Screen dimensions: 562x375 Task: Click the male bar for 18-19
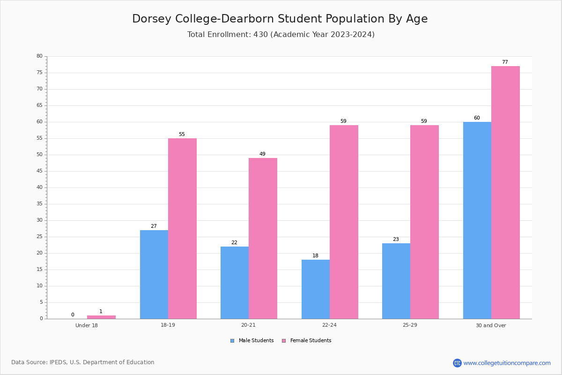(154, 275)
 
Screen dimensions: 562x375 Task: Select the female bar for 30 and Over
(505, 192)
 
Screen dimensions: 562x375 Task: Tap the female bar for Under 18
(101, 317)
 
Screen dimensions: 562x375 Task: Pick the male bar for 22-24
(316, 289)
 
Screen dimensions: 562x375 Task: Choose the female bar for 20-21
(263, 239)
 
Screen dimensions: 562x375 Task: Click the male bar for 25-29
(396, 281)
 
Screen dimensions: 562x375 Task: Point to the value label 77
(505, 62)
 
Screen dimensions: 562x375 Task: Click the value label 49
(262, 154)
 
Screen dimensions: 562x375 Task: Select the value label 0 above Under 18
(73, 315)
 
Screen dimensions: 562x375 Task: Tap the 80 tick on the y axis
(40, 56)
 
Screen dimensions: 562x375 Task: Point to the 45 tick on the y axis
(40, 171)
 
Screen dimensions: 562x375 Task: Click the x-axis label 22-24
(329, 325)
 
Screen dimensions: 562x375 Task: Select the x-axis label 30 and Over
(491, 325)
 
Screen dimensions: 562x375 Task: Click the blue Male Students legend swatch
(232, 341)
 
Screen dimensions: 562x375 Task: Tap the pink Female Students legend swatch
(284, 341)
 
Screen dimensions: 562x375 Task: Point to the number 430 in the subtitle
(261, 34)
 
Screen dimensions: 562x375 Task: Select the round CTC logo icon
(457, 363)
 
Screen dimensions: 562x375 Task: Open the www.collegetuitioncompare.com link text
(507, 363)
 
